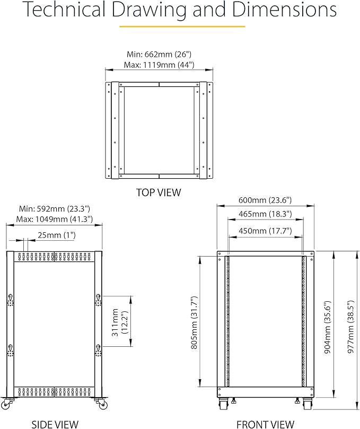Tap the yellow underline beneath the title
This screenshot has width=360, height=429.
tap(182, 26)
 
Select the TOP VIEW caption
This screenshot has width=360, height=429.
tap(159, 192)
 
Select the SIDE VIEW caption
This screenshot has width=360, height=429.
tap(55, 424)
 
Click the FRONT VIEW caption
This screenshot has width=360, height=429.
tap(265, 424)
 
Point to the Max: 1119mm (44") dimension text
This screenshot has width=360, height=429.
tap(160, 65)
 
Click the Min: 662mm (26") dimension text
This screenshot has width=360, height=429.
tap(159, 55)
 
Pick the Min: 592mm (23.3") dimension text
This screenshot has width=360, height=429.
tap(54, 208)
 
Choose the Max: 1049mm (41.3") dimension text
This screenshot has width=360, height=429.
tap(55, 219)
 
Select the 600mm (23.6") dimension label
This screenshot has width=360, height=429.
tap(265, 200)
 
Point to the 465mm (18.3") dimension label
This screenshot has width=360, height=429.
tap(265, 214)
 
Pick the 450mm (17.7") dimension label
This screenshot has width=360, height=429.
tap(265, 231)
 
